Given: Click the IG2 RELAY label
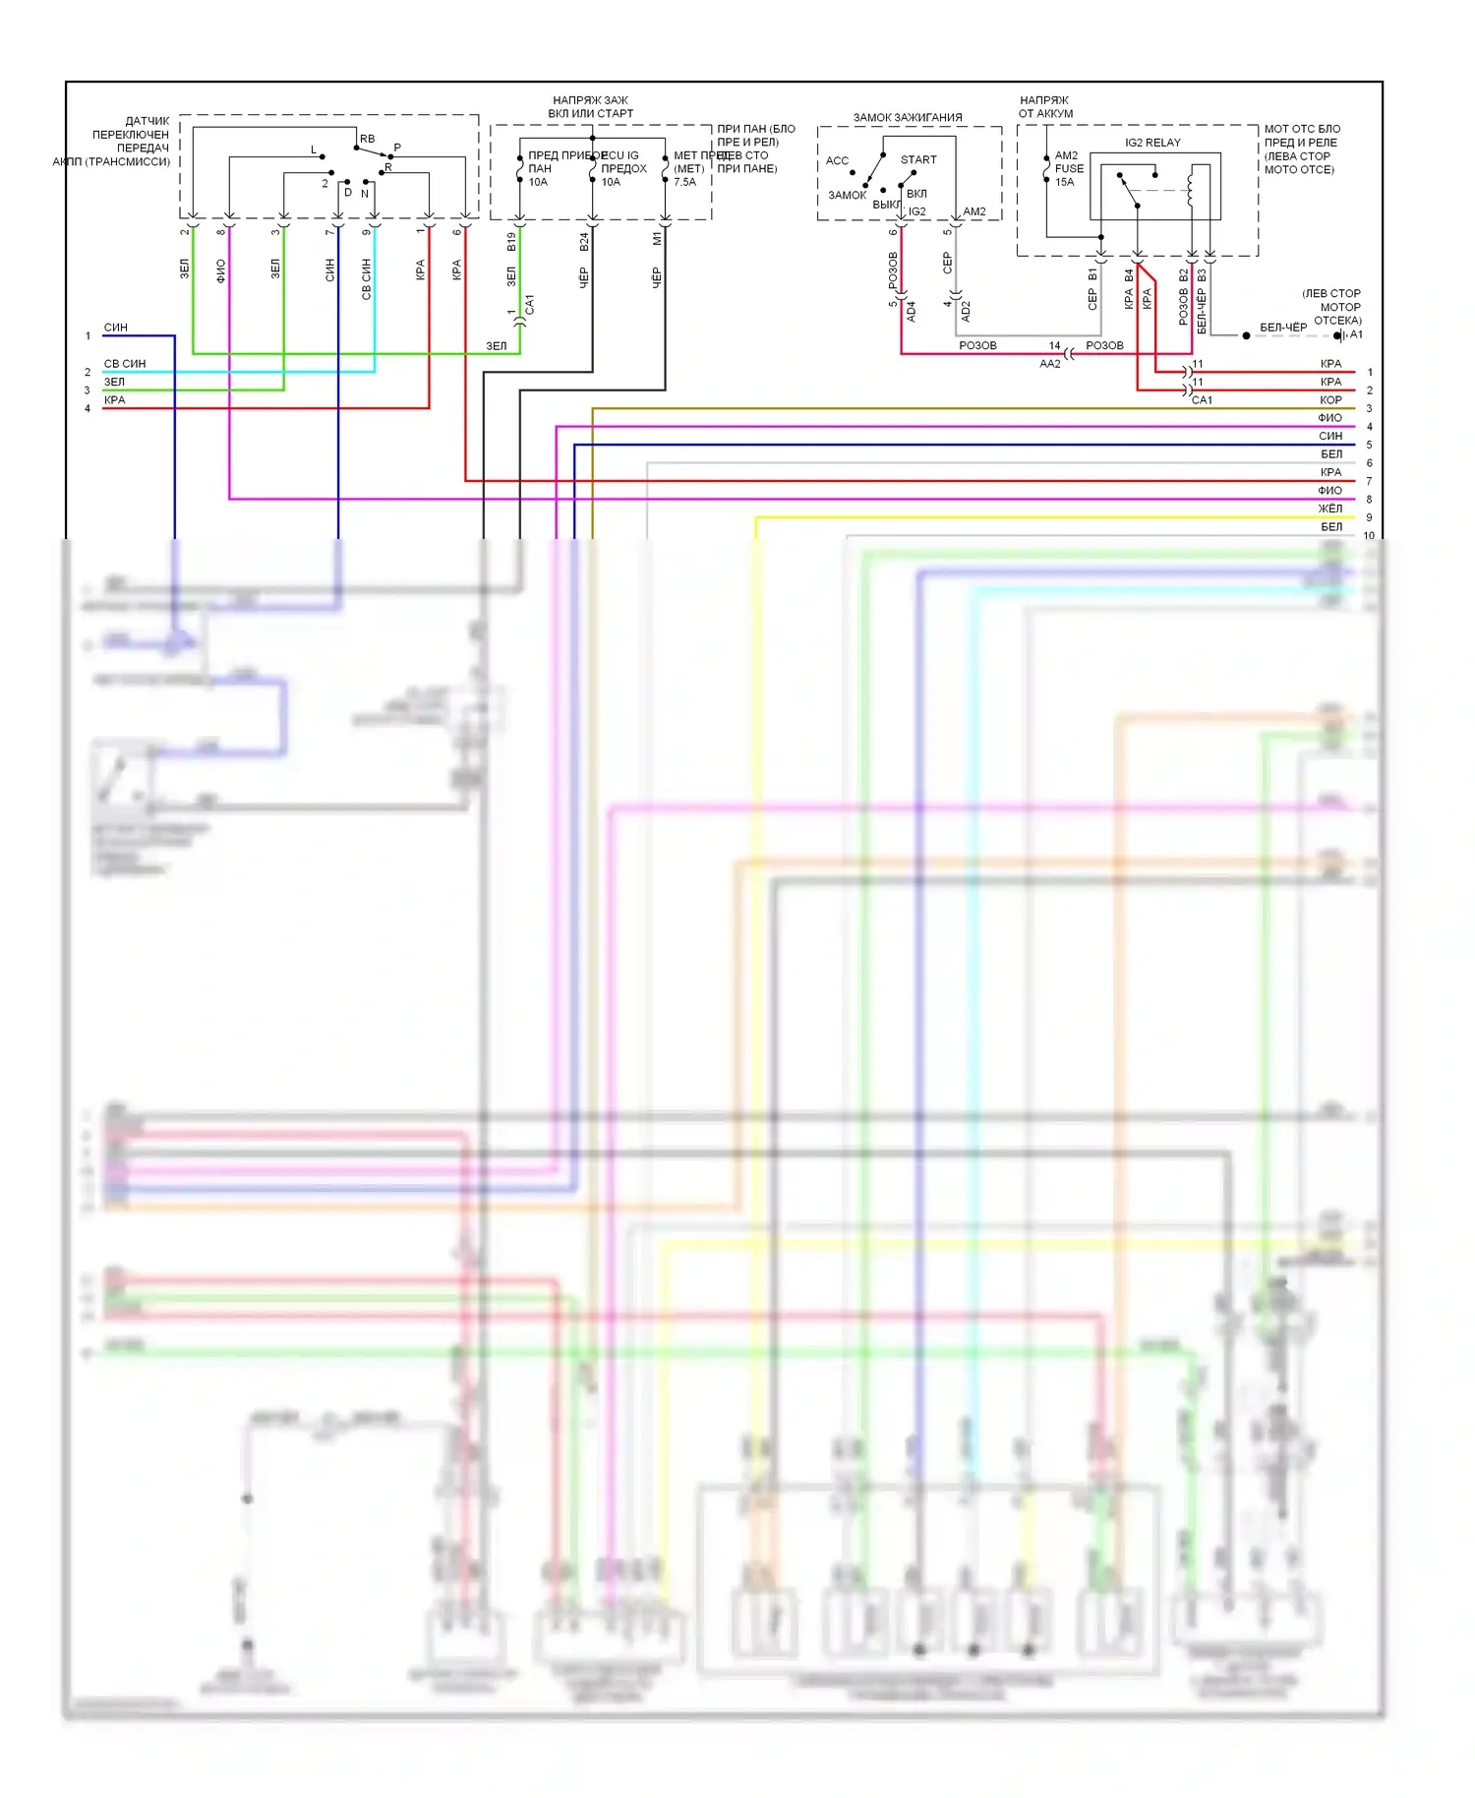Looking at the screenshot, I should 1152,143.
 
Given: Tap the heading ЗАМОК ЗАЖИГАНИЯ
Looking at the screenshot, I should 907,118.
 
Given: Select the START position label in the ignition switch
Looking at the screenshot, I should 918,160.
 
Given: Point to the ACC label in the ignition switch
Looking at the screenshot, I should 837,161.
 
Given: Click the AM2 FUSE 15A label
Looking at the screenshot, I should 1069,168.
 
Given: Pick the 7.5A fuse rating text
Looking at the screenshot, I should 684,182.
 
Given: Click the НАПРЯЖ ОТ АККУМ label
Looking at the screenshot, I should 1044,107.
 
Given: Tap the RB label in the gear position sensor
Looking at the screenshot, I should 367,140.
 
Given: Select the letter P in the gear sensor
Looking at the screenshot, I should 397,149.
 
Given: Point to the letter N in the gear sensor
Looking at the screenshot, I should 365,194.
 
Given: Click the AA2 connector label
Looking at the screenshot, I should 1050,364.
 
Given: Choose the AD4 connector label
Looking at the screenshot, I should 911,311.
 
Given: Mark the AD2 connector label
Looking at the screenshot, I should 966,311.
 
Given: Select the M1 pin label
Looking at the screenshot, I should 657,239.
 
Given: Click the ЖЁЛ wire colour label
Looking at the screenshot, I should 1329,509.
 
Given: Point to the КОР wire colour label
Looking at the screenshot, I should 1329,400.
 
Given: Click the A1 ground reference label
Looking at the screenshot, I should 1356,335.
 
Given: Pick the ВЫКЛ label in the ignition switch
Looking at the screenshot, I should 886,205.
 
